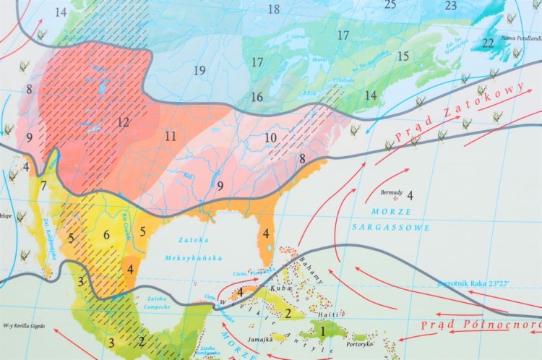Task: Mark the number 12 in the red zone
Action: [x=124, y=122]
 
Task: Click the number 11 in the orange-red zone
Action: [x=171, y=136]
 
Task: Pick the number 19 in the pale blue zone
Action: [x=199, y=70]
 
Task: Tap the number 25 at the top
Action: [x=390, y=5]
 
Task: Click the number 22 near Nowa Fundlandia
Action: [x=489, y=43]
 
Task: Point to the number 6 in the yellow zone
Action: [x=106, y=234]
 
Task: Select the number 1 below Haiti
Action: [x=322, y=332]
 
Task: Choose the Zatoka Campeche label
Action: [x=157, y=302]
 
